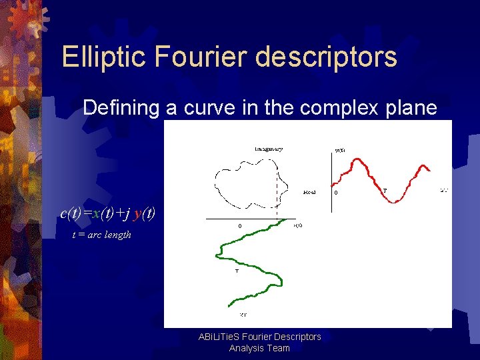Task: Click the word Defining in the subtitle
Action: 122,107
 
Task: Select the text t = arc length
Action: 102,235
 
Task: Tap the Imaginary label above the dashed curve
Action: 269,149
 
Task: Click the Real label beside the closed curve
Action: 309,192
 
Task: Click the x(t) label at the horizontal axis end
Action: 299,225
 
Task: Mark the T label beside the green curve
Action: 237,271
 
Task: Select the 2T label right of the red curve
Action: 445,191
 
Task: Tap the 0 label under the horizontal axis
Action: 240,226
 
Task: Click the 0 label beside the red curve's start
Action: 336,193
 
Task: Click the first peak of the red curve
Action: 359,161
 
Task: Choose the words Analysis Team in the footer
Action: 260,348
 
